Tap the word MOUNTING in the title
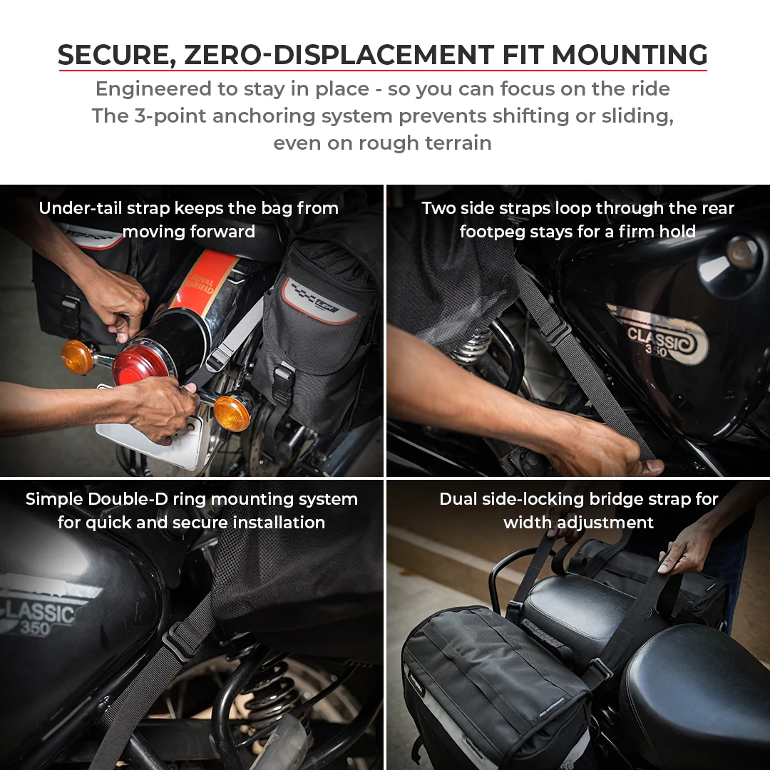point(630,55)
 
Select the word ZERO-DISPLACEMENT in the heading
point(339,55)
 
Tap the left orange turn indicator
point(78,356)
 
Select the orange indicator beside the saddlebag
point(232,413)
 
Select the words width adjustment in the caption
point(578,523)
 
